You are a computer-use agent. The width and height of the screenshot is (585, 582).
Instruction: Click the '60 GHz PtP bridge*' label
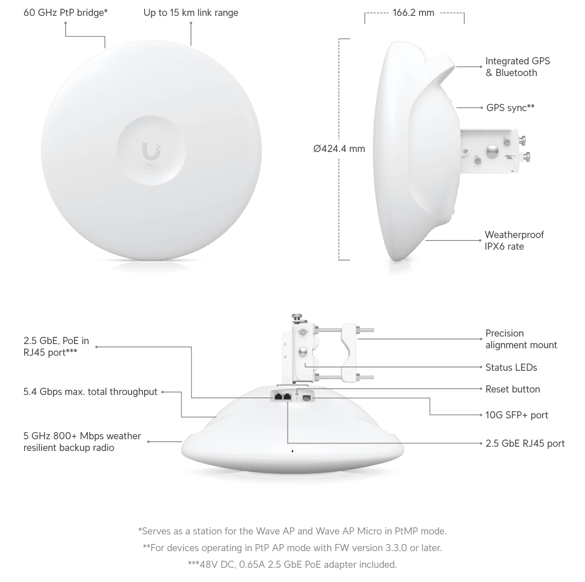coord(66,13)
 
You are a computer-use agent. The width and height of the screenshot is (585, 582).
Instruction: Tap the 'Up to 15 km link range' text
coord(191,13)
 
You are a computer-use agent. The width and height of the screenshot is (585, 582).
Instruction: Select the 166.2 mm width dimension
coord(413,13)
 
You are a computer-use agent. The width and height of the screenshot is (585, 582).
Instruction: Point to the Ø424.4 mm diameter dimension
coord(339,149)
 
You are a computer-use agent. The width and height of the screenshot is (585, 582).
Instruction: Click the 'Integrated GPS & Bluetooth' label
coord(518,67)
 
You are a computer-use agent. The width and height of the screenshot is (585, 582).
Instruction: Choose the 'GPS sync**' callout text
coord(510,108)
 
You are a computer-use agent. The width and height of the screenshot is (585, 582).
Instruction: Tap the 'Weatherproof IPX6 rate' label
coord(514,240)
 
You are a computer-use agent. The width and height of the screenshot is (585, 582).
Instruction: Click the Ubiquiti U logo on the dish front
coord(151,151)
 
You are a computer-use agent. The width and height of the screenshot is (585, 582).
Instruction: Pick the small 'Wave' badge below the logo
coord(151,165)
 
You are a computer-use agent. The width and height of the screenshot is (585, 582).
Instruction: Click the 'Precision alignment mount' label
coord(521,339)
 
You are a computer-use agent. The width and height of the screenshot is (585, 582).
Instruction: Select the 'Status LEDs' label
coord(511,367)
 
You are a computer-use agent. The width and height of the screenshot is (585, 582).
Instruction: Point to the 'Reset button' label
coord(512,389)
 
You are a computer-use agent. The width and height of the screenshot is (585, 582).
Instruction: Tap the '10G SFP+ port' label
coord(517,415)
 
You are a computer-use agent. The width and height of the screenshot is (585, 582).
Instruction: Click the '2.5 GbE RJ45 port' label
coord(525,443)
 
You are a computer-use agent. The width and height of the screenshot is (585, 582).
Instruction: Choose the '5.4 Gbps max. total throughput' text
coord(91,392)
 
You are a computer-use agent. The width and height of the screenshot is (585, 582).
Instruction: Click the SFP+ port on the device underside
coord(306,397)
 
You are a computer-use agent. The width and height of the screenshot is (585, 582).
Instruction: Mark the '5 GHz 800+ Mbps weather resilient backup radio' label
coord(82,442)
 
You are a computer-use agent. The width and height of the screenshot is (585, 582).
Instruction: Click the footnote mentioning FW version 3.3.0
coord(292,548)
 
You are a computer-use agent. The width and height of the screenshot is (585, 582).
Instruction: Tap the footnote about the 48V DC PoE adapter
coord(292,564)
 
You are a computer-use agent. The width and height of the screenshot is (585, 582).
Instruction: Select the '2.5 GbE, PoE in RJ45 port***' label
coord(56,347)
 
